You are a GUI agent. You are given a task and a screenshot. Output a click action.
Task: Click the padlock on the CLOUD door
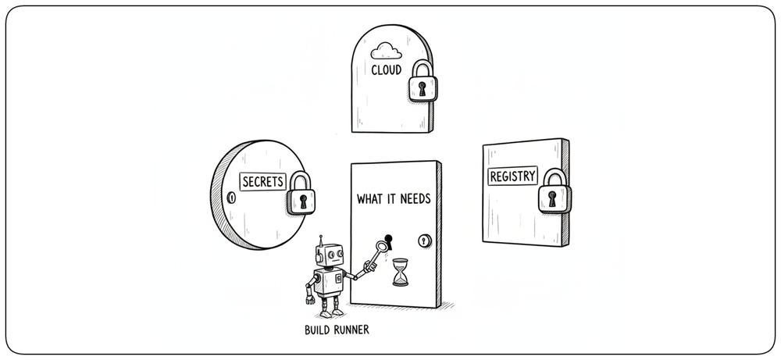point(423,81)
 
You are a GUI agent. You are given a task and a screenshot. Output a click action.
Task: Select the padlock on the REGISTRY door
point(555,191)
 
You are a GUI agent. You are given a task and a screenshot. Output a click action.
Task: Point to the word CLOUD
point(386,70)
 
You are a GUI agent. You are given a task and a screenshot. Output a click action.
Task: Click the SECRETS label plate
point(263,182)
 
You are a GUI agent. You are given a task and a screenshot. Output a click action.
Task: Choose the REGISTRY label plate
point(512,176)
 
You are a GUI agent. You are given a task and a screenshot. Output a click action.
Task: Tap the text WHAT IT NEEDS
point(394,199)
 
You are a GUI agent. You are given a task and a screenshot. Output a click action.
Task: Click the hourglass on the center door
point(400,272)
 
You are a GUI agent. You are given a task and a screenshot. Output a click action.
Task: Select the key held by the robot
point(377,254)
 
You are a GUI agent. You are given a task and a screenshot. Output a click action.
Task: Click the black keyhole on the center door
point(388,241)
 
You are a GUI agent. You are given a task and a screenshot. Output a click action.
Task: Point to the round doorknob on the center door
point(424,241)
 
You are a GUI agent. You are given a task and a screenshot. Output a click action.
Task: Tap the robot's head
point(330,255)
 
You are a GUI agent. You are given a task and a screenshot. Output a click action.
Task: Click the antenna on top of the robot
point(321,240)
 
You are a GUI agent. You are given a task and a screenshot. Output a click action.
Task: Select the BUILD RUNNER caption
point(337,330)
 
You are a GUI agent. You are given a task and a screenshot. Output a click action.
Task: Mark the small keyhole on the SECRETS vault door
point(230,198)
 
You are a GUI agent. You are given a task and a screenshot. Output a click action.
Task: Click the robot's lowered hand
point(310,299)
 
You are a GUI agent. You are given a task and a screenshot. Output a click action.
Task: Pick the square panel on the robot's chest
point(338,278)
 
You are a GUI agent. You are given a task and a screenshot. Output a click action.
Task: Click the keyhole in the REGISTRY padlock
point(552,198)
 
